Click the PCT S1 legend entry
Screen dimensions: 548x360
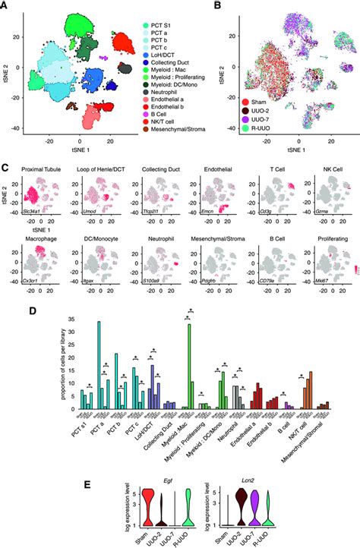tap(147, 27)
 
